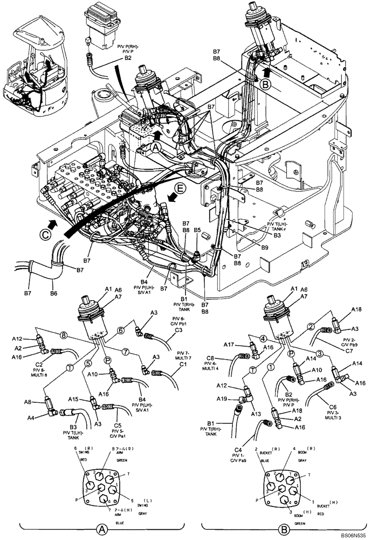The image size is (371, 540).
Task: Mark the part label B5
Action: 197,230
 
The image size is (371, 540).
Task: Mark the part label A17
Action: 228,343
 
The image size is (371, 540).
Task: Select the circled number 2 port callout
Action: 312,326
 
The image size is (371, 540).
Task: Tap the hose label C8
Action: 211,357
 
